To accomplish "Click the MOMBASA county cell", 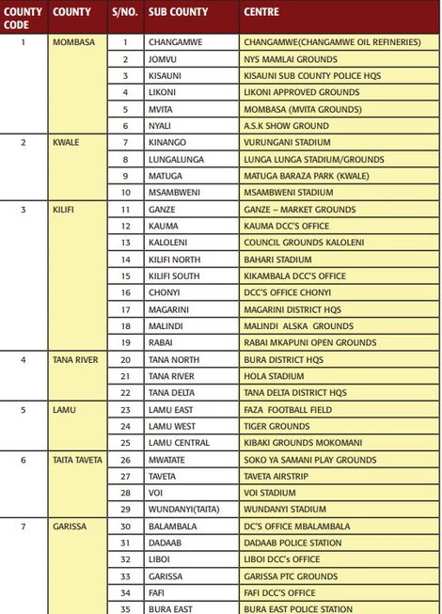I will tap(74, 42).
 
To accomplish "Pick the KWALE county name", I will tap(67, 142).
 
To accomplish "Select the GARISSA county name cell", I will tap(71, 527).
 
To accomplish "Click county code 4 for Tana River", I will tap(24, 359).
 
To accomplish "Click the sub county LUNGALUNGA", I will tap(176, 159).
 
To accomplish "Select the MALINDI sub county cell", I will tap(166, 325).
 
